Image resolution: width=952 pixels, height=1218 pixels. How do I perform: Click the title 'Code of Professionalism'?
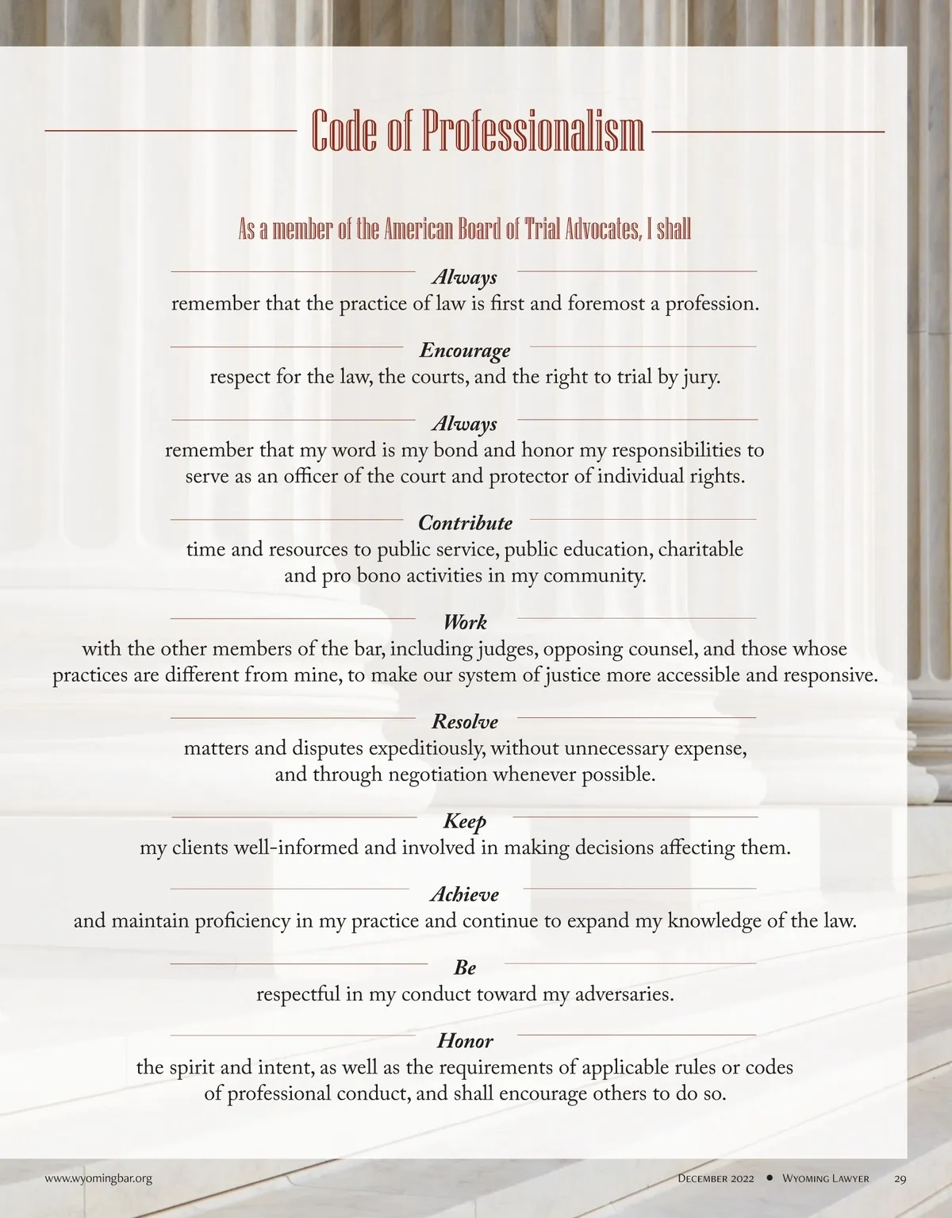pos(477,131)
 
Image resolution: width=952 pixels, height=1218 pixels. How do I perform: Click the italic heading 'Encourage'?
pos(465,350)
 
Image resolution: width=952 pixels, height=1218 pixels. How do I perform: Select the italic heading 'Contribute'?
pos(465,523)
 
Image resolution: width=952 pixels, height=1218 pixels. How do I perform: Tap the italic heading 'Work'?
pos(465,622)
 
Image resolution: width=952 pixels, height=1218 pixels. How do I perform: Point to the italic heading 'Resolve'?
pos(465,721)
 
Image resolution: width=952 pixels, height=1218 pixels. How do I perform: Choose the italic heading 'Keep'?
pos(465,820)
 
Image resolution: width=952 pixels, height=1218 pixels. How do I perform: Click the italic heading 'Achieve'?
pos(465,894)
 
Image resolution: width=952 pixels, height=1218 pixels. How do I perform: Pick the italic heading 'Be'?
pos(465,967)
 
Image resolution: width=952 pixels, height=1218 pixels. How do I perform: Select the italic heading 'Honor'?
pos(465,1040)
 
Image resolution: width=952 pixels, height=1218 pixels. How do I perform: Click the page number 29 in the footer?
pos(900,1178)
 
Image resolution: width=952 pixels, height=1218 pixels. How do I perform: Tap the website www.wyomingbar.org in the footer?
pos(98,1178)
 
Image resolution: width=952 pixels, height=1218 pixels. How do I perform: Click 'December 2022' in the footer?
pos(716,1178)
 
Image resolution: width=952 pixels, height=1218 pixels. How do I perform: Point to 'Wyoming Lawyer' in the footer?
pos(825,1178)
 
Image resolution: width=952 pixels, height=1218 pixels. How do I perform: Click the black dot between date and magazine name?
pos(769,1178)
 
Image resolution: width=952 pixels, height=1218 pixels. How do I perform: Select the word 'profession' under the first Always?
pos(710,304)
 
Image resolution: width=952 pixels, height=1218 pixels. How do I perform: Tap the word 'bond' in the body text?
pos(455,451)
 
